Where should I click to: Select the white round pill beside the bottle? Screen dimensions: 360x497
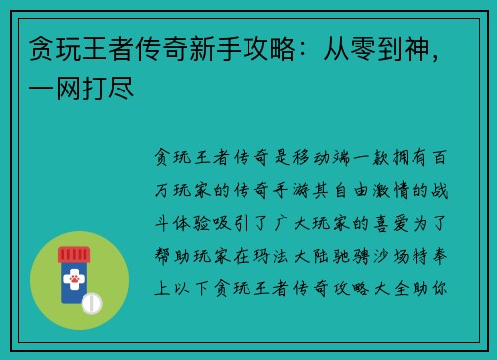(x=91, y=301)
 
